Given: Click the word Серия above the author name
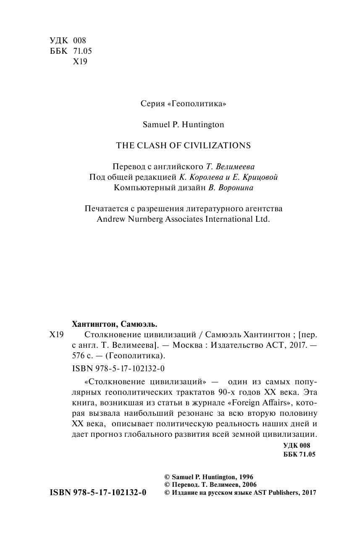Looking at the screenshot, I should [153, 103].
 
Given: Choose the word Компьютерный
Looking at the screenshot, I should [140, 188].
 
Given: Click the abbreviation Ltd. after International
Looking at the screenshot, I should [261, 219].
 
